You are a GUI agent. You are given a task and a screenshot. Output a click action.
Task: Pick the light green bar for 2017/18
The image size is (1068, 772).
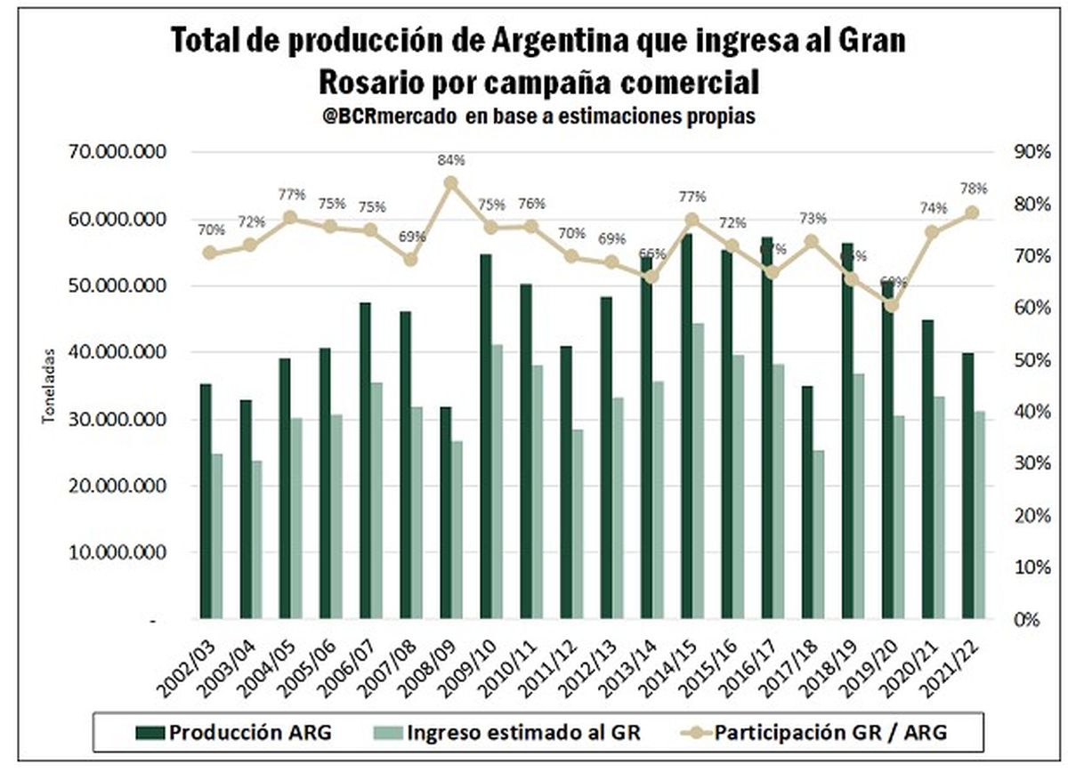click(820, 535)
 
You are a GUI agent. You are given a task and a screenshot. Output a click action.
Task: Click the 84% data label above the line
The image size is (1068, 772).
click(451, 160)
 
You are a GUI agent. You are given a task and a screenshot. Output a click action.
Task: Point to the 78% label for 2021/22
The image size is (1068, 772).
click(974, 189)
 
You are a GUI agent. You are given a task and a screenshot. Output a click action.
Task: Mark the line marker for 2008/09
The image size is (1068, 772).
click(451, 183)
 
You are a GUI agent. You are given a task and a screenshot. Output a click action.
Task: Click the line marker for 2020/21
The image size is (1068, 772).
click(932, 232)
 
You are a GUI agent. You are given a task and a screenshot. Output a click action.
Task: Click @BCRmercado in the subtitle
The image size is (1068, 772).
click(385, 117)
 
